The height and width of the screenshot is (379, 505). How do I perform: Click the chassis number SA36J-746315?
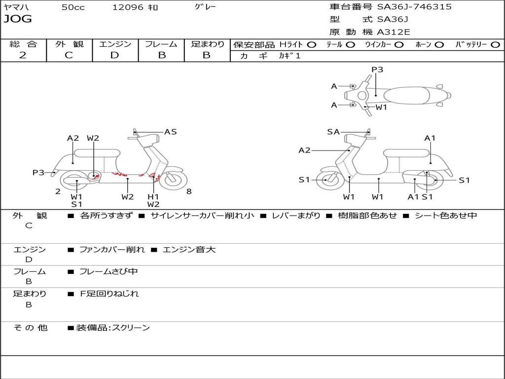coord(414,7)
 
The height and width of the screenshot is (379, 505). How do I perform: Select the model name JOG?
coord(18,19)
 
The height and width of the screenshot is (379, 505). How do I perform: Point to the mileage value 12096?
coord(128,7)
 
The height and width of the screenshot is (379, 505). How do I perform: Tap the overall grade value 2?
coord(23,55)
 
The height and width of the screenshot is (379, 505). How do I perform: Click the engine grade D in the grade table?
coord(114,55)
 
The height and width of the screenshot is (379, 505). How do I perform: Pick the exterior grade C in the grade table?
coord(69,55)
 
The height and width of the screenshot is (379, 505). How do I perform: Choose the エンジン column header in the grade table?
coord(115,44)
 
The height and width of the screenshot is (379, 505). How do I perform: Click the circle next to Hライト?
coord(312,45)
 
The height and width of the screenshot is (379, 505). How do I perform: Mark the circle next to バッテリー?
coord(495,45)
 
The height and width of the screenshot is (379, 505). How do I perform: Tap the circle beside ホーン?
coord(439,45)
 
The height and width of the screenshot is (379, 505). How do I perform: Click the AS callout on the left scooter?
coord(170,132)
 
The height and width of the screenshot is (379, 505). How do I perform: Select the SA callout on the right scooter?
coord(333,132)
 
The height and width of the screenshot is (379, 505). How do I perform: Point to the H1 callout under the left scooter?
coord(153,196)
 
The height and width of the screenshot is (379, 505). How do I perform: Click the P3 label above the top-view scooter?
coord(377,70)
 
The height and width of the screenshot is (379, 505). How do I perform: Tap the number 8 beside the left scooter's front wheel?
coord(189,191)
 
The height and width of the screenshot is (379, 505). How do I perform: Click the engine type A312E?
coord(393,32)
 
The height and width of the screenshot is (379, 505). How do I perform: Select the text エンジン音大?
coord(189,250)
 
